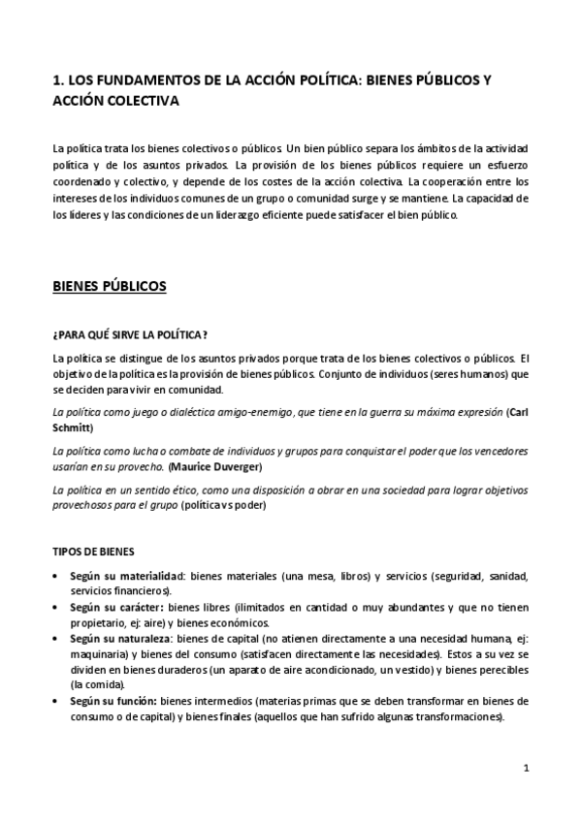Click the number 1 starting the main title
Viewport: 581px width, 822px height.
click(56, 80)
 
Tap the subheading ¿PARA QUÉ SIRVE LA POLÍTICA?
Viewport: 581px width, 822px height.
click(129, 334)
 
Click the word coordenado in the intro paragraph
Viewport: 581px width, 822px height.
click(87, 180)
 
